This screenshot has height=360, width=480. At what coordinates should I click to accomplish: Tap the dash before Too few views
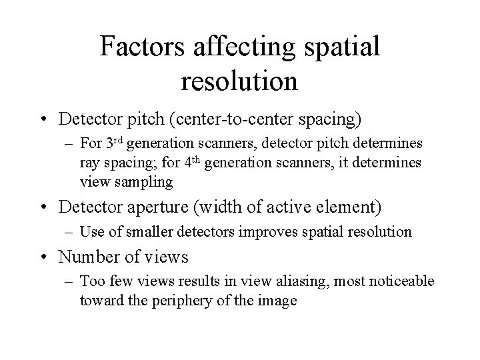[x=71, y=281]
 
